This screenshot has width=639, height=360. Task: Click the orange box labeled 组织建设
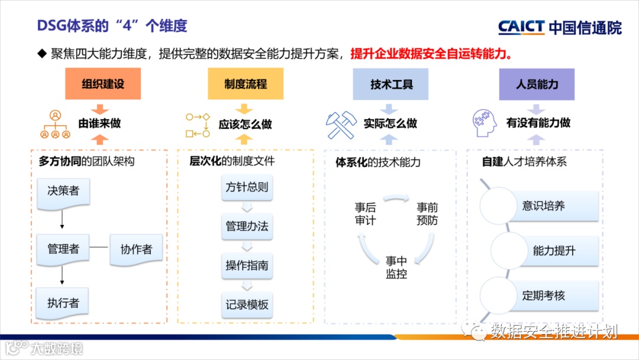103,83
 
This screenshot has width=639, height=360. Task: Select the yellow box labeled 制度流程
246,83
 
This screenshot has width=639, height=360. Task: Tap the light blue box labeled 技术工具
391,83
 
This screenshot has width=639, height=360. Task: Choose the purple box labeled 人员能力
537,83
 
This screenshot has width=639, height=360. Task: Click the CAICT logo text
521,27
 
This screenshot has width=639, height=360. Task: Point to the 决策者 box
63,193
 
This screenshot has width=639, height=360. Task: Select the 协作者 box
136,249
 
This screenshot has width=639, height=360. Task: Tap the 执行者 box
63,303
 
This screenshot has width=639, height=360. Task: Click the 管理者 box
63,249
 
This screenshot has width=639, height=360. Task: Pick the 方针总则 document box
247,188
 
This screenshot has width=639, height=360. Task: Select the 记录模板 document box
247,304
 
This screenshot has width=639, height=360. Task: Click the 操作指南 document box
247,265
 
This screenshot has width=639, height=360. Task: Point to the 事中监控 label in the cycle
396,267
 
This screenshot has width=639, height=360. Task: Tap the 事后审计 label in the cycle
365,214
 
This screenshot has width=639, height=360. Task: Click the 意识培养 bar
544,206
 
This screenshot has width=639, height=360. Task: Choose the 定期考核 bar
544,295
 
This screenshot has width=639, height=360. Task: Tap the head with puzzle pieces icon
486,124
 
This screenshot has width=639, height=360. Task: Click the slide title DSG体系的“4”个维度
112,25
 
